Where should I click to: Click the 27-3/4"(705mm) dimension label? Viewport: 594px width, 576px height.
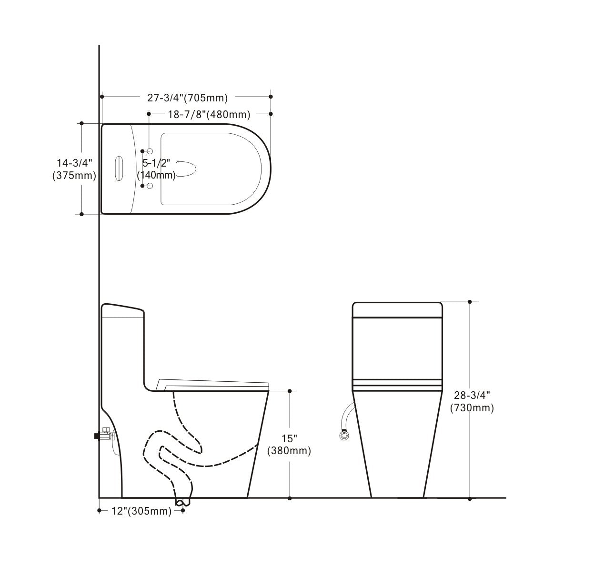pos(187,98)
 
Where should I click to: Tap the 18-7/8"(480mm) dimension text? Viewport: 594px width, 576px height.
pos(209,114)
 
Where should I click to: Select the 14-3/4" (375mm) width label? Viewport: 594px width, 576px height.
pos(74,169)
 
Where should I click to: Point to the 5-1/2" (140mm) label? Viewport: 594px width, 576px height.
pos(156,169)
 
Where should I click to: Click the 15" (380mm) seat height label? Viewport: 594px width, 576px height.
pos(289,445)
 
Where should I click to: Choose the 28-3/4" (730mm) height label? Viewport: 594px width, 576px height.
pos(472,401)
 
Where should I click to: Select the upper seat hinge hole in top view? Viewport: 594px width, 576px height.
pos(150,151)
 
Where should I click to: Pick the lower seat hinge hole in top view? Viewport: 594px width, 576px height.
pos(150,186)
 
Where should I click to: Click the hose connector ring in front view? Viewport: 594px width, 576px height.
pos(342,435)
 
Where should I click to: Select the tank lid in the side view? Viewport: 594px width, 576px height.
pos(122,310)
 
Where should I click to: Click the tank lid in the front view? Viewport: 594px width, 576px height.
pos(397,309)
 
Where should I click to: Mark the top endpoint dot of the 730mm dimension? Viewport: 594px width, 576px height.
pos(470,302)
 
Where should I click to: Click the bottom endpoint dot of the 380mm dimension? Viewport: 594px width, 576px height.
pos(290,498)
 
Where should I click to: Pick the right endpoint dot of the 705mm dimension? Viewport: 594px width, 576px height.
pos(271,97)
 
